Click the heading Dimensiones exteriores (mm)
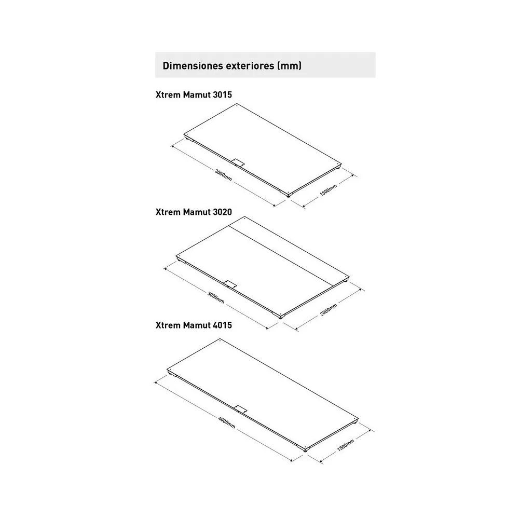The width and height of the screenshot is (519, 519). tap(232, 65)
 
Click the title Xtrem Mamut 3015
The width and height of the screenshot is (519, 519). tap(194, 94)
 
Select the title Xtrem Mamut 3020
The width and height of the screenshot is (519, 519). tap(194, 212)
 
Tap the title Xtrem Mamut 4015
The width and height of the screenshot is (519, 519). tap(194, 325)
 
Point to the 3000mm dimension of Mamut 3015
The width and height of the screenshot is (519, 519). tap(223, 175)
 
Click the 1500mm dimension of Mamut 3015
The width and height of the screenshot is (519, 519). tap(329, 190)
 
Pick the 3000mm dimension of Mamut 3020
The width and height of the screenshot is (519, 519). tap(216, 297)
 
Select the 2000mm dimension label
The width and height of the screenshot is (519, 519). tap(329, 310)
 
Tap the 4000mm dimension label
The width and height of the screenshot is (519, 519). tap(227, 422)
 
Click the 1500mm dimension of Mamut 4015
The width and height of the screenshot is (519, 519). tap(346, 445)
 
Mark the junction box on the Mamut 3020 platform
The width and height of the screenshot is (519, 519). tap(230, 284)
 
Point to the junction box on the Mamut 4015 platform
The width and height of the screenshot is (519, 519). tap(240, 409)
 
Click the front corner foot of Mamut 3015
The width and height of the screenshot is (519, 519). tap(290, 196)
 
